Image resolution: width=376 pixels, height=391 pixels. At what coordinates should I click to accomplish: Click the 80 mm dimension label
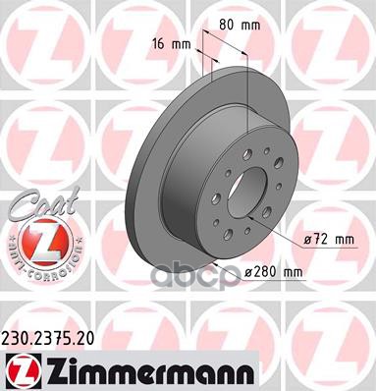coord(240,21)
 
